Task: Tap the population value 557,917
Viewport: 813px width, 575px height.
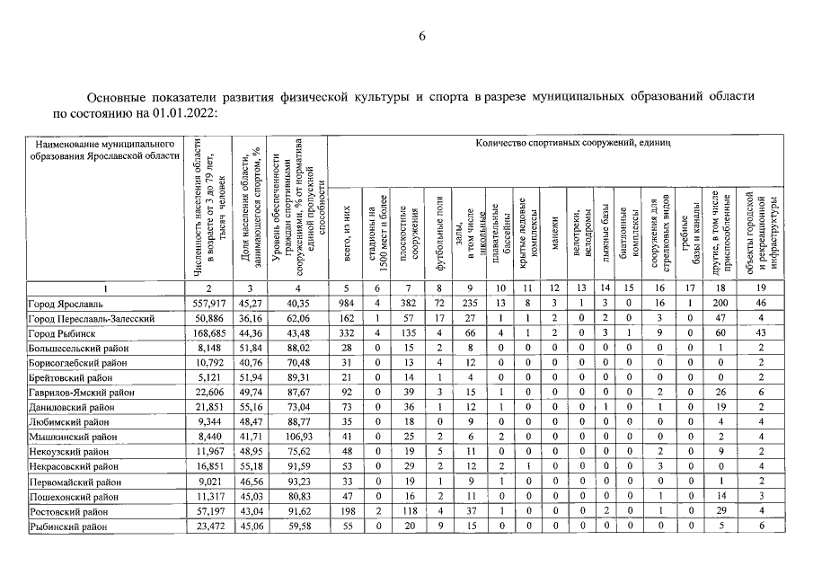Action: (x=208, y=304)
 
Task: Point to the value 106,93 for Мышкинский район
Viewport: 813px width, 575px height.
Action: (x=296, y=436)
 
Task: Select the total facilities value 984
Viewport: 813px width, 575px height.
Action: (x=347, y=304)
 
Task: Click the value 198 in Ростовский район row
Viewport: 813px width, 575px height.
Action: (x=347, y=509)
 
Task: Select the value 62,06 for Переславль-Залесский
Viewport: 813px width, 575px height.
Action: (x=296, y=319)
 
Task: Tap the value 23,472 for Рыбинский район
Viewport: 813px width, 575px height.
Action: (x=208, y=524)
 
